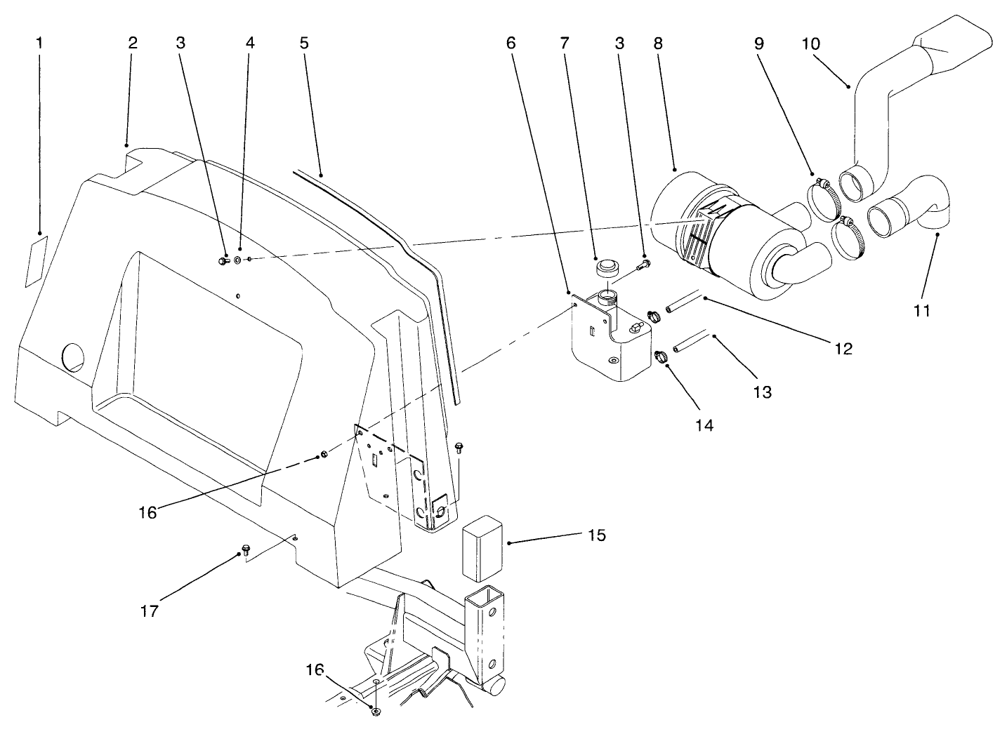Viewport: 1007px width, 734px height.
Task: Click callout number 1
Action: coord(39,43)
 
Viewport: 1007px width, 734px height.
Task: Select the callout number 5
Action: coord(303,43)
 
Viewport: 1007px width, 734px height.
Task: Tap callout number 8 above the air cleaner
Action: coord(657,43)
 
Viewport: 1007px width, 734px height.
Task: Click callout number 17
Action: coord(149,610)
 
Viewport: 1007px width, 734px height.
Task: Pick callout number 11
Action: coord(921,310)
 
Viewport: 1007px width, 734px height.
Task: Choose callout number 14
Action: coord(704,425)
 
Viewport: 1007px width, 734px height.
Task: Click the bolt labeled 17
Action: coord(246,547)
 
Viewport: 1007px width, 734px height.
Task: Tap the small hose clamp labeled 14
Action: coord(661,356)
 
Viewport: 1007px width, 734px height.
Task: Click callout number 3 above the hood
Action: coord(181,43)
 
